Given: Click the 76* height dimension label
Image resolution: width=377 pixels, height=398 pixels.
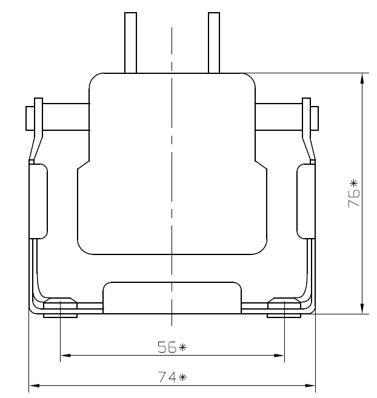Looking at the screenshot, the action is [353, 193].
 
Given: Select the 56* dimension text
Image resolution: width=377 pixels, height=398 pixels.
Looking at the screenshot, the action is [172, 347].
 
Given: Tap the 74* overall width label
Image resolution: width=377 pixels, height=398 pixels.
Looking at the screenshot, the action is [172, 377].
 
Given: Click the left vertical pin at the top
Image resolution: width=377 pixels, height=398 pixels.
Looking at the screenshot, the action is [130, 42].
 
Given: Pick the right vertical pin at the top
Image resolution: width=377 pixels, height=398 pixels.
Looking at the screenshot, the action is [214, 42].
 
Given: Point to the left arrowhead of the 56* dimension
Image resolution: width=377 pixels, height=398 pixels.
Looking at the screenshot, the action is [65, 356].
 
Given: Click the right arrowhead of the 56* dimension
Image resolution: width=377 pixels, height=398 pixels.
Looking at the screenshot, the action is [279, 356].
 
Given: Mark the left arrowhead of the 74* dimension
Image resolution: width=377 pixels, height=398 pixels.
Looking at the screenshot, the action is [35, 385].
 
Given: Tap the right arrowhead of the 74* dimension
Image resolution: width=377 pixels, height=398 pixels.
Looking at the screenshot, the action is [310, 385].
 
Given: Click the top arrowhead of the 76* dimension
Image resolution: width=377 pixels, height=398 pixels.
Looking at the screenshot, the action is [362, 78].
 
